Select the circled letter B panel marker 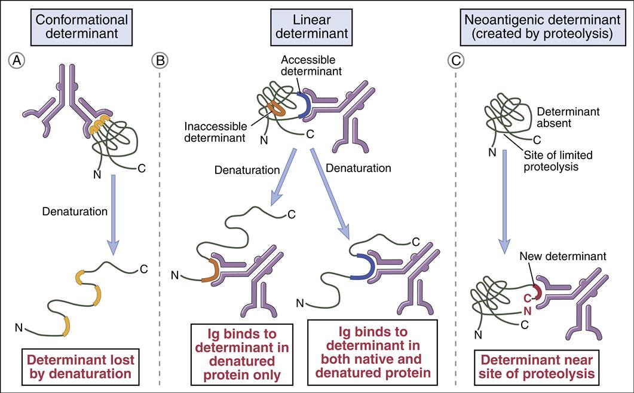point(160,60)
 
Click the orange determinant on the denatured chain point(211,272)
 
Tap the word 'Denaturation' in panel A point(75,211)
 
